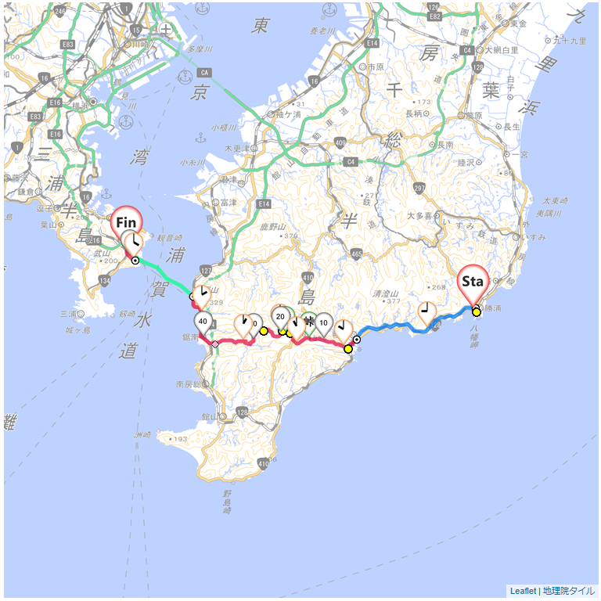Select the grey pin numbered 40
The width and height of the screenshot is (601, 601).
[203, 321]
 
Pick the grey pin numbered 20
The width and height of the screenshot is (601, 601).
[280, 316]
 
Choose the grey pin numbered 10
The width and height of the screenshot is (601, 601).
[322, 322]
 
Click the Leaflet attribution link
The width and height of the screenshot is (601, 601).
[523, 591]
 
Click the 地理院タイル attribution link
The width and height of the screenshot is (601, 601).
[569, 591]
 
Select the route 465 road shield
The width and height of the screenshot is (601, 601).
[357, 254]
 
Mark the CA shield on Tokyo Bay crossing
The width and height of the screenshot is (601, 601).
[205, 73]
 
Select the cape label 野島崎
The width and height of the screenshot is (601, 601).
[227, 500]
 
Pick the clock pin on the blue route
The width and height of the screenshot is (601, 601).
[426, 312]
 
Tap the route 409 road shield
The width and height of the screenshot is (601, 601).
[339, 142]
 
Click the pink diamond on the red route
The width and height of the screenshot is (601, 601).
[214, 344]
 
